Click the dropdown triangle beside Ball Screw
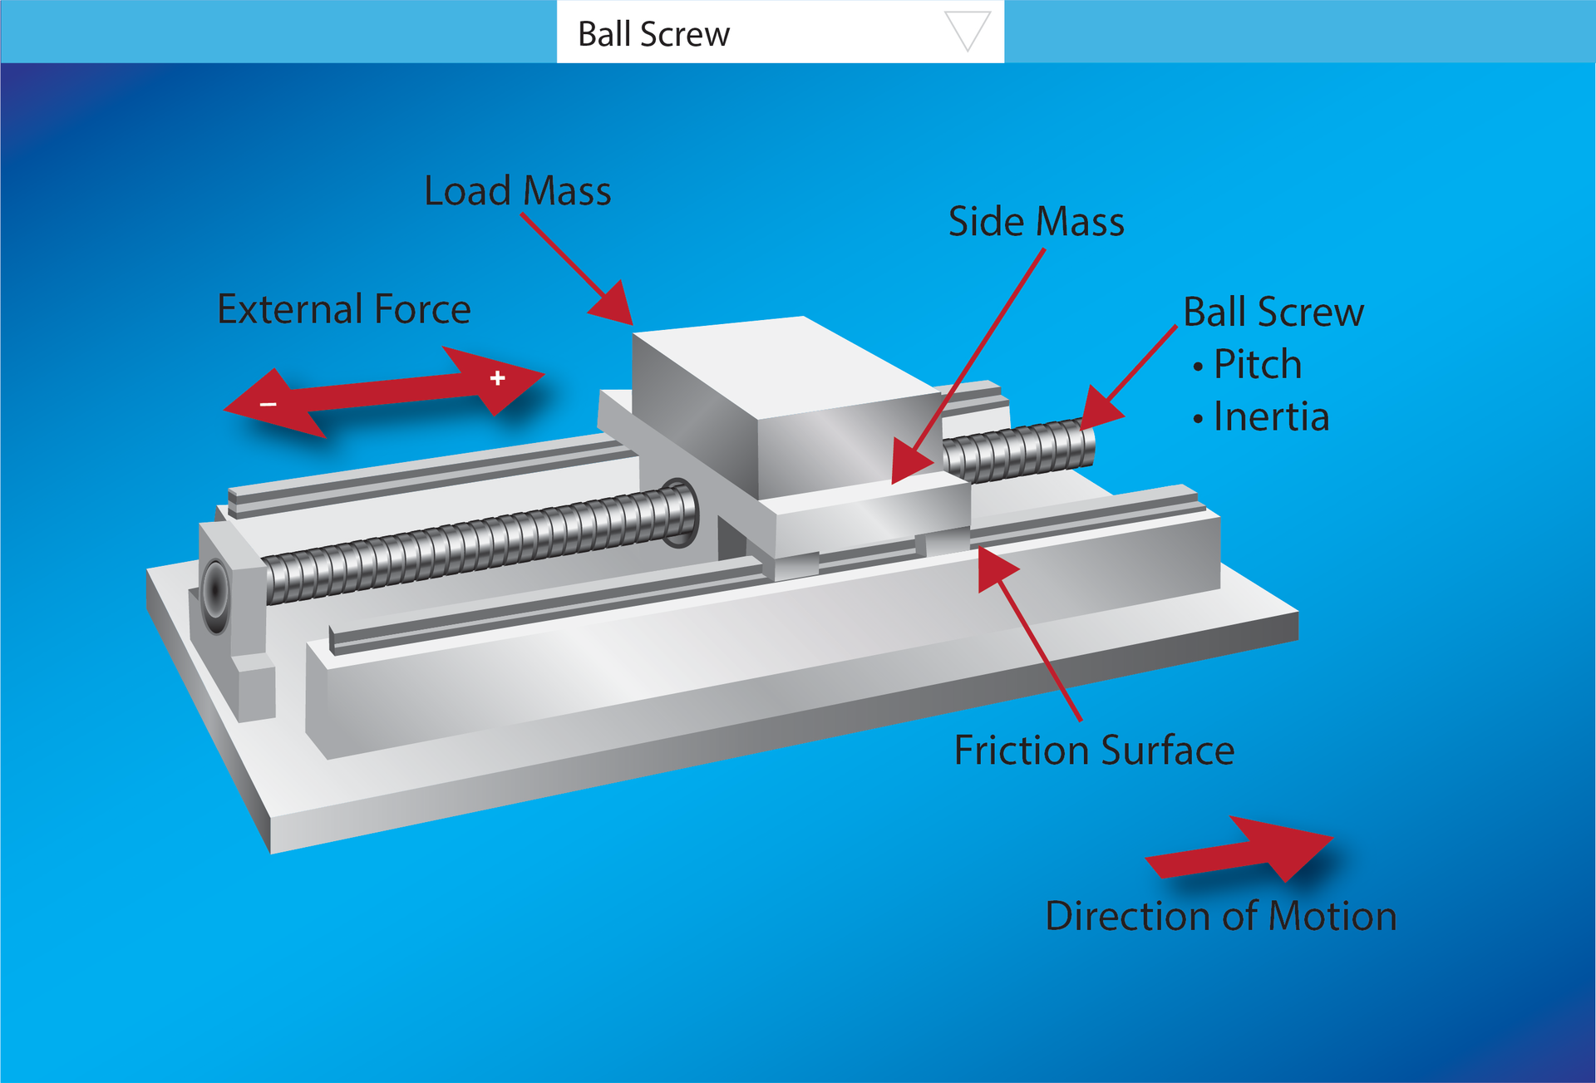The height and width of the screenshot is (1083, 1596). click(968, 31)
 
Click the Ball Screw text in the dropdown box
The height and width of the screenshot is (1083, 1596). click(653, 34)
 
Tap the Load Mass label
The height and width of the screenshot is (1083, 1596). click(517, 190)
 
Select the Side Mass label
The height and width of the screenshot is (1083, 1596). click(1036, 222)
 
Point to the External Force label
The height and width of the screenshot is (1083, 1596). click(343, 309)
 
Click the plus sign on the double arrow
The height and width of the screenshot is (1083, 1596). click(497, 378)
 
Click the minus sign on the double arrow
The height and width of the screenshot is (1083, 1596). click(268, 404)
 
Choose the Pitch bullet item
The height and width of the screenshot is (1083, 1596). click(1257, 364)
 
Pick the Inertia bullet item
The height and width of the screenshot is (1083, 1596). click(1270, 416)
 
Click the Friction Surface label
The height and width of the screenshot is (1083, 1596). click(1093, 750)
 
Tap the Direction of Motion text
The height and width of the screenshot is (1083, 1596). click(1220, 916)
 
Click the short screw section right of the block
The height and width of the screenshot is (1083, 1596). click(1019, 451)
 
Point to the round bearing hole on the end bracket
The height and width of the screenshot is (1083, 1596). click(215, 591)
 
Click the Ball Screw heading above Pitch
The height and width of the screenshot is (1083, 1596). click(1273, 313)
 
